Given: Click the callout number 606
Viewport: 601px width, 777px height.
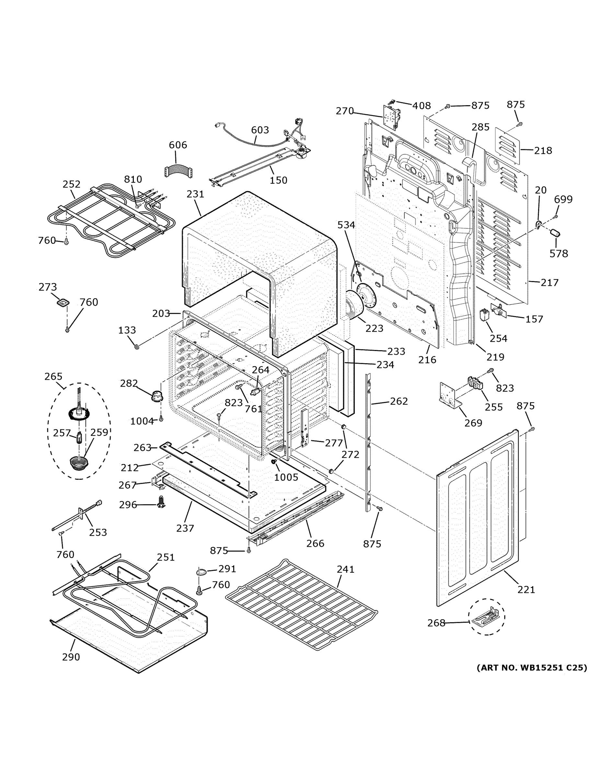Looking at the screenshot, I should coord(178,145).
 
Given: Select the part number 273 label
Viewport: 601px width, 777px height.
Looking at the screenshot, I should coord(48,287).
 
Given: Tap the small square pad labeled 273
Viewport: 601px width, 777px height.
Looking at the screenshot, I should coord(63,303).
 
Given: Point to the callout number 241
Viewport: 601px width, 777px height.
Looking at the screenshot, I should coord(345,569).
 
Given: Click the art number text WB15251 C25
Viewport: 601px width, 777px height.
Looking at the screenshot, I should coord(532,668).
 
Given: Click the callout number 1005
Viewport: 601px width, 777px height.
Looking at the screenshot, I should coord(286,477).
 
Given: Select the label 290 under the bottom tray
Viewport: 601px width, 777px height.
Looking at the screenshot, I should coord(71,657).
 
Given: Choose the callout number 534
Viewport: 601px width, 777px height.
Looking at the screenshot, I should coord(346,225).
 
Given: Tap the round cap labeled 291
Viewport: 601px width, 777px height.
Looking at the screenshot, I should coord(201,572).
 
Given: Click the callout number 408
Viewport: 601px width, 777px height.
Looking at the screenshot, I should coord(422,106).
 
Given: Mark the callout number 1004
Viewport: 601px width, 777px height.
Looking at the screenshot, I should coord(142,421).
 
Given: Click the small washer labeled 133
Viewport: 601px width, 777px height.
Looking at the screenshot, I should coord(136,346).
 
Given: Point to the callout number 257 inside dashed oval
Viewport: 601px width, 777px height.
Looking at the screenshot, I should coord(62,433).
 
